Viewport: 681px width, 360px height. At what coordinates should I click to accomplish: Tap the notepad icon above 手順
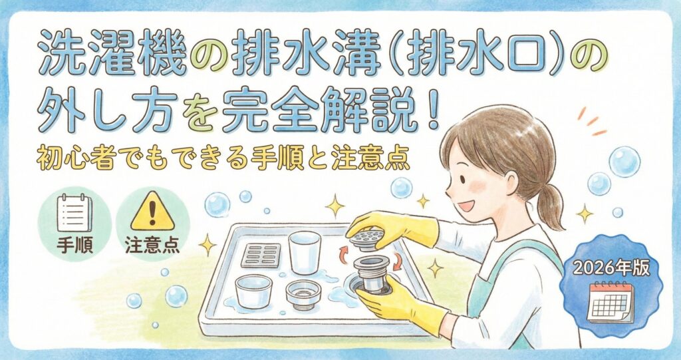click(x=74, y=214)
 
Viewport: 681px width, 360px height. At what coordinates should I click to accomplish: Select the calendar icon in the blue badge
click(x=611, y=302)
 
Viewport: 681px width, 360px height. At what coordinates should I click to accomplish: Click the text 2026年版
click(x=611, y=268)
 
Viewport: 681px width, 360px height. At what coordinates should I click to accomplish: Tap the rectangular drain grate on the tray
click(x=261, y=256)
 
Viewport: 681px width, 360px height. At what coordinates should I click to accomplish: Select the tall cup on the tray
click(x=305, y=252)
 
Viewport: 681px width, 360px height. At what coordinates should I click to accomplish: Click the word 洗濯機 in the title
click(x=112, y=57)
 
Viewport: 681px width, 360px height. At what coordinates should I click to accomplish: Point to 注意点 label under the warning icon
click(x=152, y=245)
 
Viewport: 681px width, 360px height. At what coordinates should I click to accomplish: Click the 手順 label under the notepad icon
click(x=74, y=245)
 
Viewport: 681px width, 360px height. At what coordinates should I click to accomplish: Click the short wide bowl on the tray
click(x=253, y=291)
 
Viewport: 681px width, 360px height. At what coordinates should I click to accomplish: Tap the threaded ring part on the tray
click(x=303, y=294)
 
